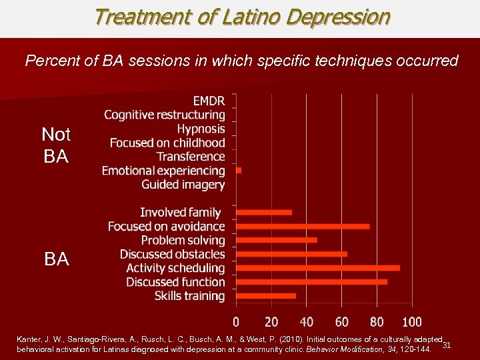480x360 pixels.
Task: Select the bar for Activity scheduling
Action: pos(319,268)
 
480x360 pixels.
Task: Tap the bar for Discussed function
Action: pos(312,282)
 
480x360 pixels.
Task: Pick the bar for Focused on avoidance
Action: pos(303,227)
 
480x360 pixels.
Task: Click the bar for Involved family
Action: pos(265,213)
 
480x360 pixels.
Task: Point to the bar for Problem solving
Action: pos(277,240)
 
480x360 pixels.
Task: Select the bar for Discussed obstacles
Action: pos(292,254)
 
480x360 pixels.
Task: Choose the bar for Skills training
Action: pos(267,296)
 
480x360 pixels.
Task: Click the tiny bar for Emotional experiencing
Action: pos(239,171)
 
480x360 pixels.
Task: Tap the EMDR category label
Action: pos(209,101)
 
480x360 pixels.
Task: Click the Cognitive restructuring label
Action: pos(165,115)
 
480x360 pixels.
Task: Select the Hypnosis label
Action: pos(201,129)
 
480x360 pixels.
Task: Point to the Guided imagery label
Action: pos(183,185)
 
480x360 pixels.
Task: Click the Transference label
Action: pos(191,157)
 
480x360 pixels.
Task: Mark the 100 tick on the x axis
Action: pos(412,323)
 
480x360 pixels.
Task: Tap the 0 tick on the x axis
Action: pos(237,323)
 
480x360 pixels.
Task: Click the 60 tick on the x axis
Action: pos(342,323)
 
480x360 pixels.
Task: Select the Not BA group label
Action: pos(56,145)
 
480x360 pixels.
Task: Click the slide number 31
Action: pos(447,345)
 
